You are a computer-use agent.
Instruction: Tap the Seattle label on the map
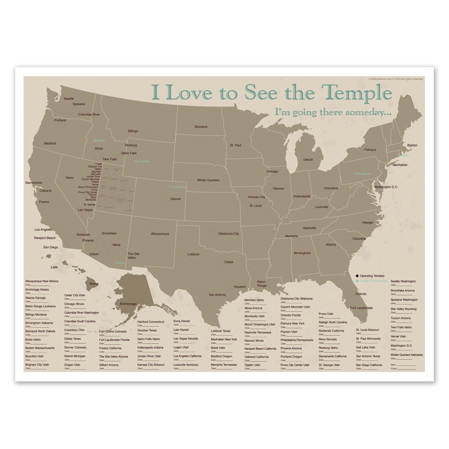click(x=69, y=99)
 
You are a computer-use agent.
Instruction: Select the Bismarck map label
click(x=201, y=127)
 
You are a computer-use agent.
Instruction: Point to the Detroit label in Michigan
click(x=308, y=160)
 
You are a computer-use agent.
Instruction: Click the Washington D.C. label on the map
click(x=386, y=187)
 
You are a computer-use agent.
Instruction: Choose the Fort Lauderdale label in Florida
click(x=361, y=308)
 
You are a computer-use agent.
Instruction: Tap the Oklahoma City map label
click(x=229, y=233)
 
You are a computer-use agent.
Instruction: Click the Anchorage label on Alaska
click(x=128, y=304)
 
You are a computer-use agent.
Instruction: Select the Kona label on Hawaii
click(x=94, y=283)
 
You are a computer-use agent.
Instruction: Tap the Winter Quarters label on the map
click(x=208, y=180)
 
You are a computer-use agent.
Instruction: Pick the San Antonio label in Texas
click(x=218, y=295)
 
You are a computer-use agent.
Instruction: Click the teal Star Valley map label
click(x=142, y=161)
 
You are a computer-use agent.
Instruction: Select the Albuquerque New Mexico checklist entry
click(x=42, y=281)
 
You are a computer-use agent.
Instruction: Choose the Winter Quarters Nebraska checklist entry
click(x=407, y=355)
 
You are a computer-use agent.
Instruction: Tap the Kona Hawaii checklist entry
click(x=182, y=321)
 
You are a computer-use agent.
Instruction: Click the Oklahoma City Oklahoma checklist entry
click(x=297, y=299)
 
